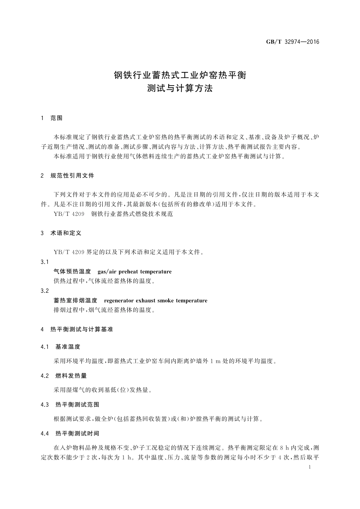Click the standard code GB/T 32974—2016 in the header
pos(293,42)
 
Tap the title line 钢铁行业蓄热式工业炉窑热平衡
pos(180,75)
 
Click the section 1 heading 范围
pos(56,118)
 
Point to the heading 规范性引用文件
pos(72,176)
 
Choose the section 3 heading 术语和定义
pos(66,233)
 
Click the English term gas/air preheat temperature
pos(135,272)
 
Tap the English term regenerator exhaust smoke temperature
pos(155,301)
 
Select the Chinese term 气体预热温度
pos(72,272)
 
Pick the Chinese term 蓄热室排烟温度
pos(75,301)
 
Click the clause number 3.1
pos(45,262)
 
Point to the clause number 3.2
pos(45,291)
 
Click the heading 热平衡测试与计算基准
pos(81,329)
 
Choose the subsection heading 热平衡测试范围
pos(77,405)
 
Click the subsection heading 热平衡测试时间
pos(77,434)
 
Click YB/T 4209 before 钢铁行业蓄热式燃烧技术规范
pos(69,214)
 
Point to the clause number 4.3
pos(45,405)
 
